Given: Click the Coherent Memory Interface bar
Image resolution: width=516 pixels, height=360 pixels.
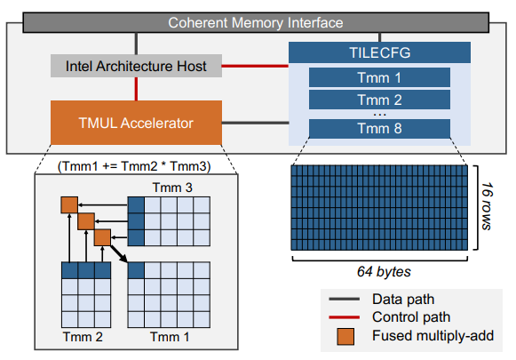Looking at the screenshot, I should point(256,20).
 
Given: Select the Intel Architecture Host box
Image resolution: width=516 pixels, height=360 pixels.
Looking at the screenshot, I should point(135,66).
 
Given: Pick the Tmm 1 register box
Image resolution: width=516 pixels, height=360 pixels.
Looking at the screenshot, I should point(379,77).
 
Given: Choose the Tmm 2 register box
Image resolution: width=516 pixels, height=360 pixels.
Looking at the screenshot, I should point(379,100).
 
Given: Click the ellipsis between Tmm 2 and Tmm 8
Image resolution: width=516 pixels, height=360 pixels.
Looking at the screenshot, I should point(379,115).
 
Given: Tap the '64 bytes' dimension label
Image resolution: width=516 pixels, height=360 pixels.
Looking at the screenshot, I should point(382,264).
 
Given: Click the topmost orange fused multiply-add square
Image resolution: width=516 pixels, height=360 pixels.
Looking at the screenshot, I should point(68,204).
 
